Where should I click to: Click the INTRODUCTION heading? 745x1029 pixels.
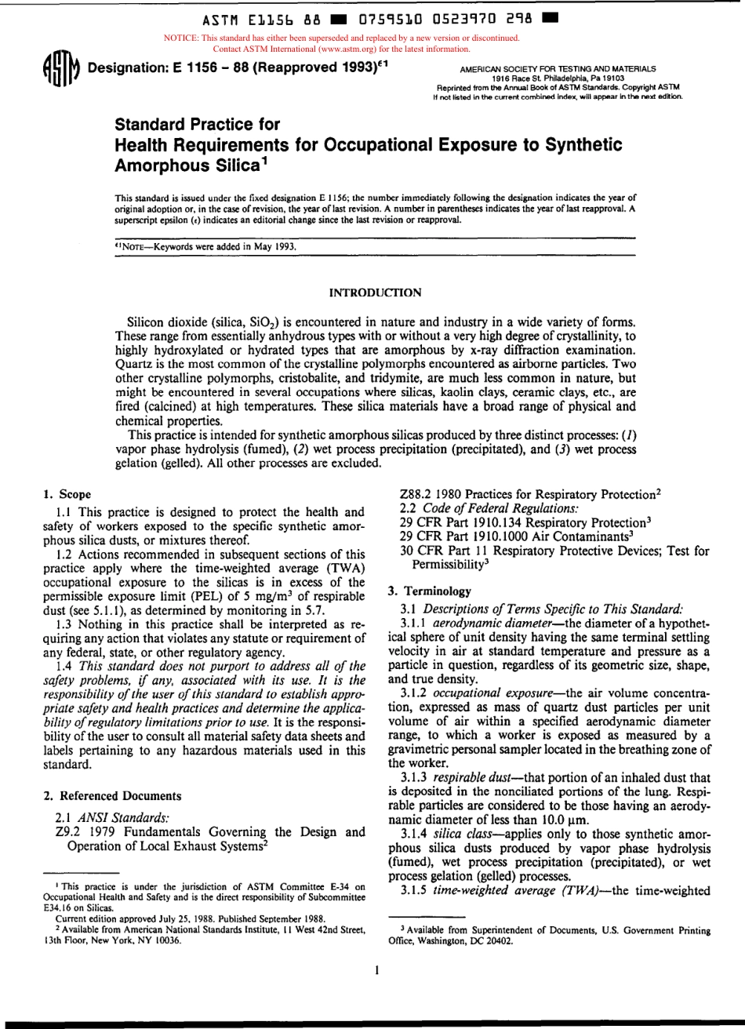point(372,293)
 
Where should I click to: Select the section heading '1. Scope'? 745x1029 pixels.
point(67,494)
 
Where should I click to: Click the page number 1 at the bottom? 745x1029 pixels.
point(378,969)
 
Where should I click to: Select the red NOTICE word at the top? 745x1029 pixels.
point(180,38)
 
